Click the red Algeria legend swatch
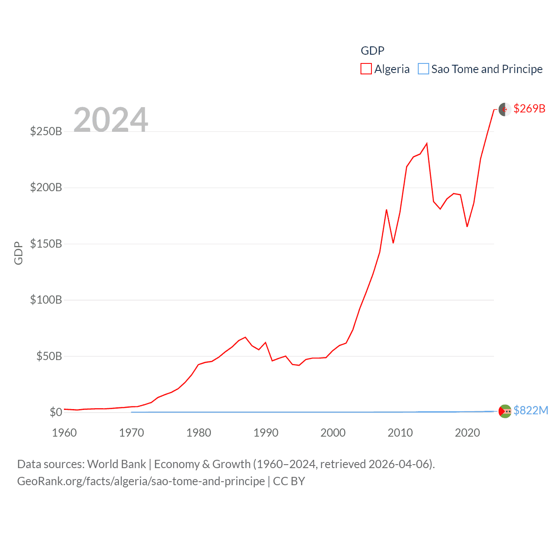tap(366, 69)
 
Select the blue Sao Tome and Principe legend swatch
tap(423, 69)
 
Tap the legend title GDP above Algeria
tap(372, 51)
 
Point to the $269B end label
tap(529, 108)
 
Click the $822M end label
tap(531, 410)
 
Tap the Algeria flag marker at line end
tap(505, 109)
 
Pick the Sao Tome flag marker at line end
tap(505, 411)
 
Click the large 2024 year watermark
tap(111, 119)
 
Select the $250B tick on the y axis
tap(46, 131)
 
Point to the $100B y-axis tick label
tap(46, 300)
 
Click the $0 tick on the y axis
tap(56, 412)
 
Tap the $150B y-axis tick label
tap(46, 244)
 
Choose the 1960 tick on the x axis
tap(64, 433)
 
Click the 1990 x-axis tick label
tap(266, 433)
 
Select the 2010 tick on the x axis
tap(400, 433)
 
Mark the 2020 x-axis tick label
tap(467, 433)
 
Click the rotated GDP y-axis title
tap(18, 253)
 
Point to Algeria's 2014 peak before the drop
tap(427, 143)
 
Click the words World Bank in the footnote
tap(116, 464)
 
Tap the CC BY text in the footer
tap(289, 481)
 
